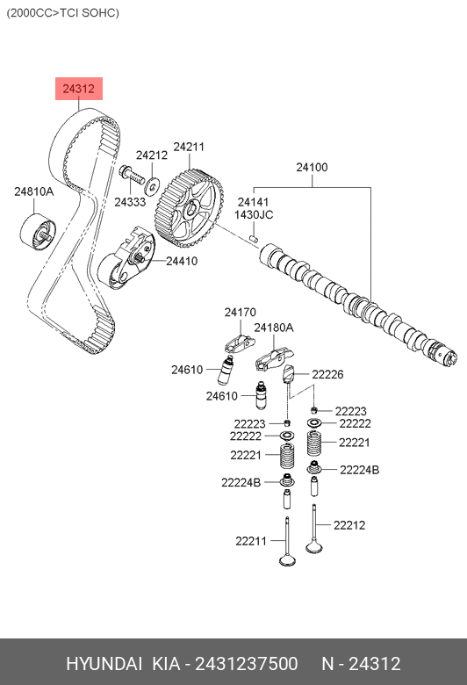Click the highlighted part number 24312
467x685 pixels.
pos(79,89)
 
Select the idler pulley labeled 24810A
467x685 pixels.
pos(38,233)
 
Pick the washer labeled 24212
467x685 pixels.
pos(152,187)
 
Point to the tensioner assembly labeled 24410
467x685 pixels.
pos(126,258)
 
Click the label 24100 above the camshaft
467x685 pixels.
pos(312,168)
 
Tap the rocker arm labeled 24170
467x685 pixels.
pos(240,343)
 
